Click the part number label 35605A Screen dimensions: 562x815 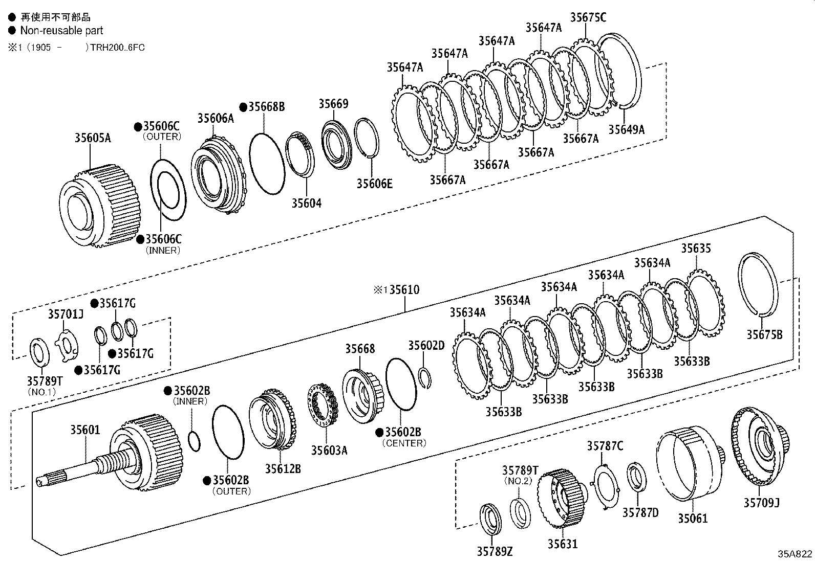coord(93,138)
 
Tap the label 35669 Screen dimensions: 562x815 coord(333,104)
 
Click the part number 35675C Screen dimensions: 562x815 coord(588,17)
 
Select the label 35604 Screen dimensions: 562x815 coord(307,203)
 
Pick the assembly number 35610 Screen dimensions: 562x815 coord(404,290)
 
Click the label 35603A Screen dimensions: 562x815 coord(329,450)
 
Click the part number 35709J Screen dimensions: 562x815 coord(761,503)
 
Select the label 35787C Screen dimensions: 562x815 coord(605,446)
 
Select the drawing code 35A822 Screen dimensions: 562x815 coord(795,554)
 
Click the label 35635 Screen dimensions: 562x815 coord(696,249)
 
